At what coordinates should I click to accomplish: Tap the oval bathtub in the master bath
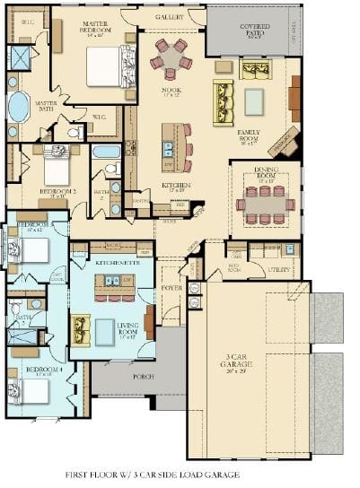(18, 108)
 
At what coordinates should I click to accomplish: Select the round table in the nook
(171, 57)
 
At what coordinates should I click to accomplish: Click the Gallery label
(170, 17)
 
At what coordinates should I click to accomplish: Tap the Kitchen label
(174, 187)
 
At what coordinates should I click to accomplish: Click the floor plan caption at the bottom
(152, 474)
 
